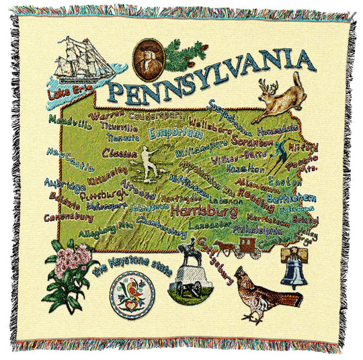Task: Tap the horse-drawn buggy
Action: [241, 246]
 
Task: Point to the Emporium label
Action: [171, 133]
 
